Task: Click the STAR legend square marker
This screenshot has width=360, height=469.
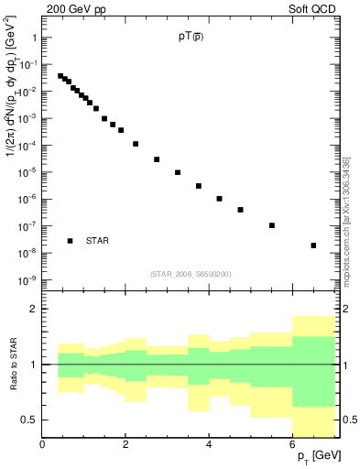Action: tap(71, 241)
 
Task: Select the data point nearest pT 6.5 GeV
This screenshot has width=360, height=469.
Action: tap(313, 245)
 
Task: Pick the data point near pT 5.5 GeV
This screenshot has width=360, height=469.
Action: tap(272, 225)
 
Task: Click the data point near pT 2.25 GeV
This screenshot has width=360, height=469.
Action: tap(136, 144)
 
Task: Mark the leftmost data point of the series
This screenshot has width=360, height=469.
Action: tap(60, 76)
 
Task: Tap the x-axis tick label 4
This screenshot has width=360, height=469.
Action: tap(210, 444)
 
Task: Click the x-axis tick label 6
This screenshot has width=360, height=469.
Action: tap(293, 444)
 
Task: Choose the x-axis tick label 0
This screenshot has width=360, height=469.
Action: tap(42, 444)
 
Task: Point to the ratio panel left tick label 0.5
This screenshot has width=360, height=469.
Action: tap(27, 420)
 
